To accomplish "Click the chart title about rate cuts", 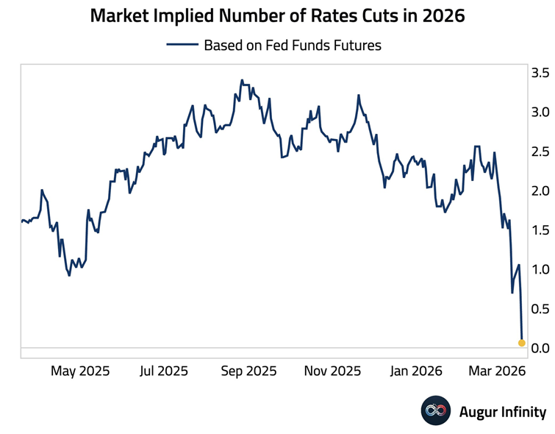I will pos(277,15).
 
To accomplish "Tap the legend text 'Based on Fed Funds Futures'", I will pos(292,45).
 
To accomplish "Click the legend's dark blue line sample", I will pos(182,45).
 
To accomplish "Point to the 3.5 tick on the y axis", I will pos(540,73).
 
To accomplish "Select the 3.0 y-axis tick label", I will pos(540,113).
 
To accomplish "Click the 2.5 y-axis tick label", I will pos(540,152).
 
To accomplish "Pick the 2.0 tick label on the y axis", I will pos(540,191).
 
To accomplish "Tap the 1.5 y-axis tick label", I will pos(540,230).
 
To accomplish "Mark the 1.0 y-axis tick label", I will pos(540,269).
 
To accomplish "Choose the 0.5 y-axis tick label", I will pos(540,308).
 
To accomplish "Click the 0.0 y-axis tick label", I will pos(540,347).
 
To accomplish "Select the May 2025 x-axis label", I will pos(79,371).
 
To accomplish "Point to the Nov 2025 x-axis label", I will pos(332,371).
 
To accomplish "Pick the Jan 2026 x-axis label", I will pos(416,371).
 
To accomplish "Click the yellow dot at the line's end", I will pos(522,343).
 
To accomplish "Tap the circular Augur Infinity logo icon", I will pos(435,410).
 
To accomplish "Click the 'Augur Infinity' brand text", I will pos(502,411).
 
